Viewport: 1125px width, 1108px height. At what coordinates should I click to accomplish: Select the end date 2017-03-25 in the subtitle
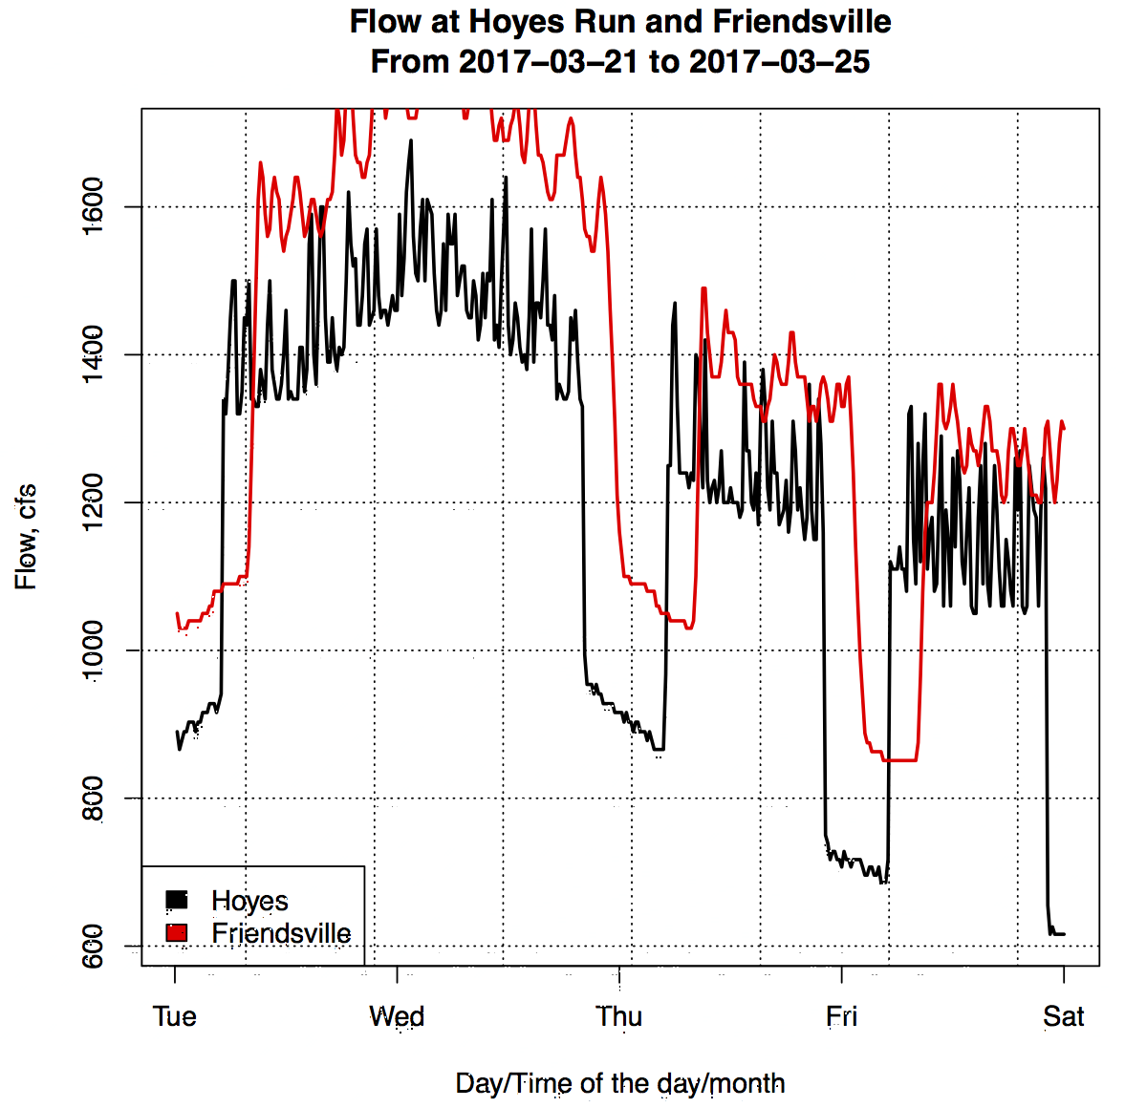coord(779,62)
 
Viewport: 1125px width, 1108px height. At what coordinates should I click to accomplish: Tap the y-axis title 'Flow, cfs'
coord(26,537)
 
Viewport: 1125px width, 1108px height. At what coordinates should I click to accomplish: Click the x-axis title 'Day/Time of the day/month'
coord(620,1083)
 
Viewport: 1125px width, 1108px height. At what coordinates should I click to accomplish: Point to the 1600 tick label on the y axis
coord(93,207)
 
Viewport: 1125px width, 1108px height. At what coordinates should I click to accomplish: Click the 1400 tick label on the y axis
coord(93,355)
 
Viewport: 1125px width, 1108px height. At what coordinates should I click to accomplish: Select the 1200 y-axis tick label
coord(93,502)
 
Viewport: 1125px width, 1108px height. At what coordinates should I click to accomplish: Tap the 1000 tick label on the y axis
coord(93,650)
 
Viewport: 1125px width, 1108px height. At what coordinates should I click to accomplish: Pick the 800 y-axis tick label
coord(93,799)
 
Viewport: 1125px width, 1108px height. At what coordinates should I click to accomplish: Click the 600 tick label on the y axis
coord(93,946)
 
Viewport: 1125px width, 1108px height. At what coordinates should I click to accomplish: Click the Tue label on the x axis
coord(175,1016)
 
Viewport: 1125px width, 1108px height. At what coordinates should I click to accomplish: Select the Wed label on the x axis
coord(397,1016)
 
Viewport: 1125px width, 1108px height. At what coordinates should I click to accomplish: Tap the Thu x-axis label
coord(619,1016)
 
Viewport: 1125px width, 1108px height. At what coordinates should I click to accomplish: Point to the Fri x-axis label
coord(841,1016)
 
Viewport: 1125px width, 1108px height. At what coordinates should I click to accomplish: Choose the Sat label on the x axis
coord(1064,1016)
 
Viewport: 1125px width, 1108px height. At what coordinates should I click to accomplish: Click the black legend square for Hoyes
coord(177,900)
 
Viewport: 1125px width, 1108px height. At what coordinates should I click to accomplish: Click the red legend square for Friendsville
coord(177,932)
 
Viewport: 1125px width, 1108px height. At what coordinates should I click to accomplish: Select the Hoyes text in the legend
coord(249,901)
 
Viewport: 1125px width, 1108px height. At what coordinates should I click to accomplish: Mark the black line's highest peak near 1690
coord(411,141)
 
